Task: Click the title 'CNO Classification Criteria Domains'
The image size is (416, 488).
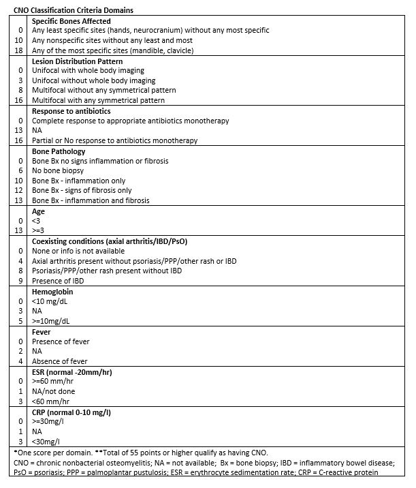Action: click(x=74, y=10)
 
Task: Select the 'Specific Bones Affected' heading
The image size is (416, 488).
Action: click(x=71, y=21)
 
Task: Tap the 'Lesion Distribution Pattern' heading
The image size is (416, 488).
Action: click(x=78, y=61)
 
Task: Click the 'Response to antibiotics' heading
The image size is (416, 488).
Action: click(x=71, y=111)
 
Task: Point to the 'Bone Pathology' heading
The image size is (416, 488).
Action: click(x=59, y=151)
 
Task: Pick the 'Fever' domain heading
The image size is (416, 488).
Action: click(x=42, y=331)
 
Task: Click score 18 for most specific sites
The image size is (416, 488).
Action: click(x=20, y=50)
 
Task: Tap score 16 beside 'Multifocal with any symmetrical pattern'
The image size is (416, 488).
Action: click(x=20, y=101)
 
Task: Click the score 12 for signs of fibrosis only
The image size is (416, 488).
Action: click(x=20, y=191)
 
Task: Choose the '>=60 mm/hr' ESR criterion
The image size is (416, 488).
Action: click(x=52, y=381)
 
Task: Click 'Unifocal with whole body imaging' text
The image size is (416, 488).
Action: click(x=89, y=71)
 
